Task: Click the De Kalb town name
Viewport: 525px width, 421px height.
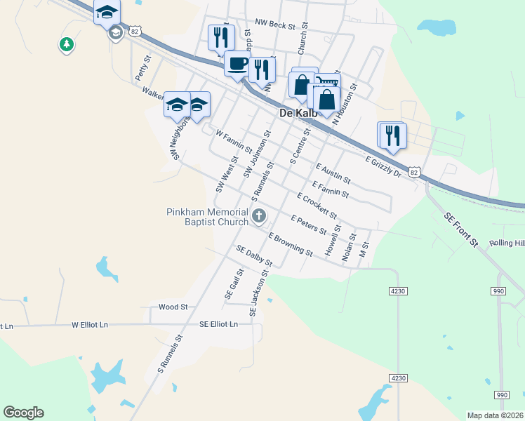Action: (295, 113)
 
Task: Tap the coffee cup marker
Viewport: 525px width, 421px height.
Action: (237, 63)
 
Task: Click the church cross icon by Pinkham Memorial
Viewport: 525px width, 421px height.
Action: (259, 216)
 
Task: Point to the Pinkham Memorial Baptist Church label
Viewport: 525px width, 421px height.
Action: (207, 217)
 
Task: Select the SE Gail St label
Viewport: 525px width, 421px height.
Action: (233, 284)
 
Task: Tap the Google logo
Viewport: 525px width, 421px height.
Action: (23, 413)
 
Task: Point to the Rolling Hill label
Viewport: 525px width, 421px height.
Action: (507, 243)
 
